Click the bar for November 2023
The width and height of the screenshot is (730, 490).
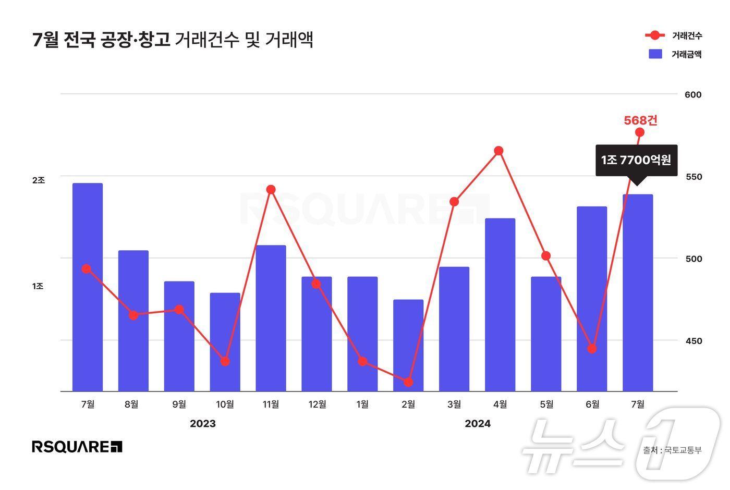pyautogui.click(x=271, y=318)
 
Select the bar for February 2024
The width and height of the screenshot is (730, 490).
pyautogui.click(x=408, y=345)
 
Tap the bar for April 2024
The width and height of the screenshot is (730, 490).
pyautogui.click(x=500, y=304)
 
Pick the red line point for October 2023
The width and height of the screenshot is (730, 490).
pyautogui.click(x=225, y=361)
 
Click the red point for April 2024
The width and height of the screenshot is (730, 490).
pyautogui.click(x=498, y=151)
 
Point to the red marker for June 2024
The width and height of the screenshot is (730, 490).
pyautogui.click(x=592, y=349)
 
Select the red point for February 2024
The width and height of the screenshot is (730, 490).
pyautogui.click(x=408, y=382)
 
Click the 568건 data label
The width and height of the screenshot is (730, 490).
pyautogui.click(x=641, y=120)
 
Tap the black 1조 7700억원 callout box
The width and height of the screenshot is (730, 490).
pyautogui.click(x=636, y=160)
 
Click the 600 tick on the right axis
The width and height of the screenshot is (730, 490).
pyautogui.click(x=693, y=94)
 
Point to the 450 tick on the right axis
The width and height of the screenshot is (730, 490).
pyautogui.click(x=693, y=341)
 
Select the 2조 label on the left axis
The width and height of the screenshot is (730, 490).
pyautogui.click(x=39, y=180)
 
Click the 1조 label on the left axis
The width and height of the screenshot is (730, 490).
pyautogui.click(x=39, y=286)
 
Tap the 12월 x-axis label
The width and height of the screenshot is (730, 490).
pyautogui.click(x=317, y=404)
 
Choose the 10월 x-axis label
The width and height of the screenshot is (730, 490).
pyautogui.click(x=225, y=404)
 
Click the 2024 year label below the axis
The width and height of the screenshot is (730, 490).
pyautogui.click(x=478, y=424)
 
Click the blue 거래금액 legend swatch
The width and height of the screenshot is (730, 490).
pyautogui.click(x=655, y=54)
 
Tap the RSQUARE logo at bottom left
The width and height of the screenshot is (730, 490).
pyautogui.click(x=77, y=447)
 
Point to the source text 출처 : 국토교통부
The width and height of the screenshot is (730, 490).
pyautogui.click(x=672, y=450)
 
